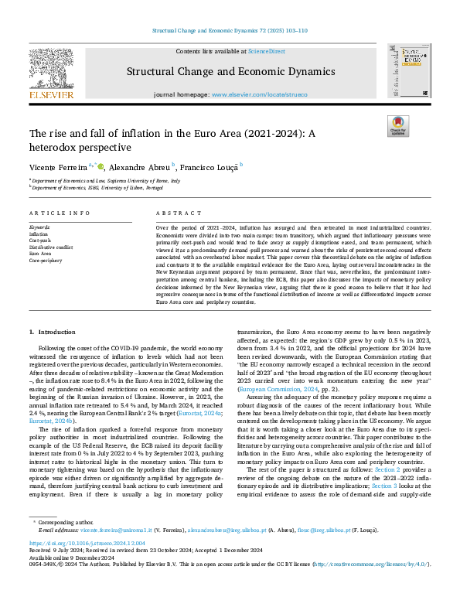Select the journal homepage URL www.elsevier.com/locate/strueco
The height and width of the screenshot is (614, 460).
[254, 94]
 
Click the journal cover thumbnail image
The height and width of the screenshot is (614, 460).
[409, 70]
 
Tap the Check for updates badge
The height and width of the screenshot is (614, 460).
[397, 126]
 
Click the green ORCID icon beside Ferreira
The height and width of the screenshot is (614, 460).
[100, 165]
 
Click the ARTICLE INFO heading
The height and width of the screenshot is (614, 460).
[53, 212]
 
